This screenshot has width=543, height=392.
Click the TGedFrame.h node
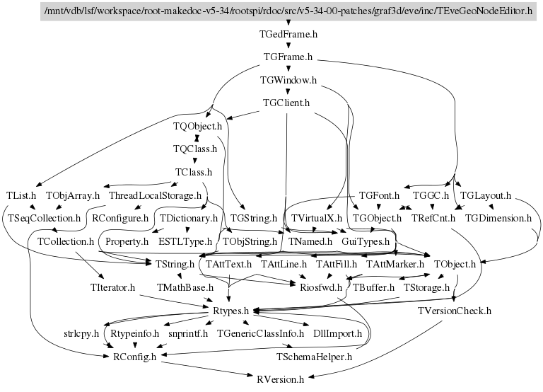pos(288,33)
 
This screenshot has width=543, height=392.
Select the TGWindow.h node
pos(288,80)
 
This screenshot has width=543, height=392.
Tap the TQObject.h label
pos(198,126)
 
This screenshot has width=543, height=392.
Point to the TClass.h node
pos(194,172)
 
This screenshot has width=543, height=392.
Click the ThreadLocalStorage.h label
pos(155,195)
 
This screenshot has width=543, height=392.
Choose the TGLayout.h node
pos(485,195)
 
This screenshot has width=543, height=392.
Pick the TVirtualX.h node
pos(316,218)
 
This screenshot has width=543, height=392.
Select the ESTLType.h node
pos(185,241)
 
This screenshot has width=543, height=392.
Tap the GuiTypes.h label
pos(366,241)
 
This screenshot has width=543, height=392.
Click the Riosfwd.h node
pos(321,287)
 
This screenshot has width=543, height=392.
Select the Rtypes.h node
pos(230,310)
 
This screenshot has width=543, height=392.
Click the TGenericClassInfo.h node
pos(259,333)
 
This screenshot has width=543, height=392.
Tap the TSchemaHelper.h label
pos(315,356)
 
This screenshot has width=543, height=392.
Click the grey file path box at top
pos(287,11)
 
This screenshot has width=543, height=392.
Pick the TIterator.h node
pos(113,287)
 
